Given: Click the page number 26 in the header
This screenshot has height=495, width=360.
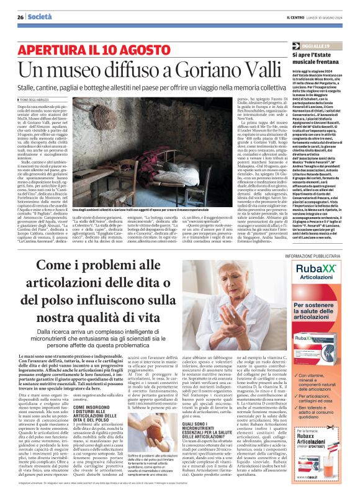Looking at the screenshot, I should pos(20,17).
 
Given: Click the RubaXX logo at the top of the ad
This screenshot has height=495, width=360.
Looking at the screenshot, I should pos(312,254).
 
